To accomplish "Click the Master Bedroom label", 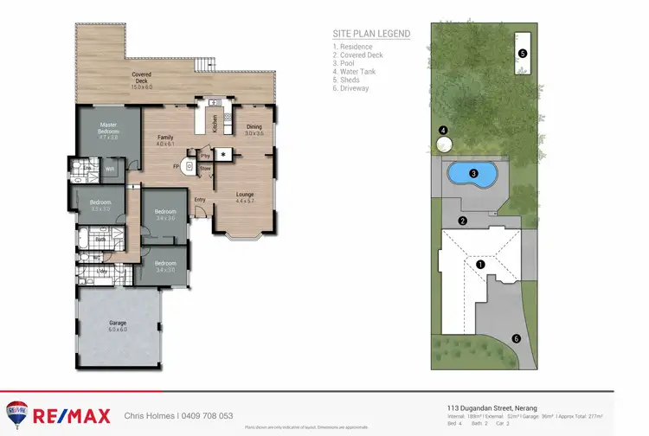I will click(x=108, y=130).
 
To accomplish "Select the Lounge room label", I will click(x=245, y=198).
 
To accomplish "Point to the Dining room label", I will click(x=254, y=130).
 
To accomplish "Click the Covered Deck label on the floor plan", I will click(x=141, y=80).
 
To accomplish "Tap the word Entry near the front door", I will click(x=200, y=200).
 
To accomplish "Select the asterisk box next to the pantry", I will click(x=224, y=155).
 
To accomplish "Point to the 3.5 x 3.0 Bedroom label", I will click(x=100, y=205).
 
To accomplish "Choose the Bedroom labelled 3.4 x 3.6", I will click(x=164, y=215).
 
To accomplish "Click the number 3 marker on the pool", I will click(x=473, y=173).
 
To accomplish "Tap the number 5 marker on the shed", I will click(x=522, y=53).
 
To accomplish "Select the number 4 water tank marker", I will click(x=443, y=131).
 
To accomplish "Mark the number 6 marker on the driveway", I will click(x=517, y=338).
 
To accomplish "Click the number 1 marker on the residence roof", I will click(x=481, y=263).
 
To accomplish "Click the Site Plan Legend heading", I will click(x=371, y=34).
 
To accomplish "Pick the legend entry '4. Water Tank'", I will click(x=356, y=72).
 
